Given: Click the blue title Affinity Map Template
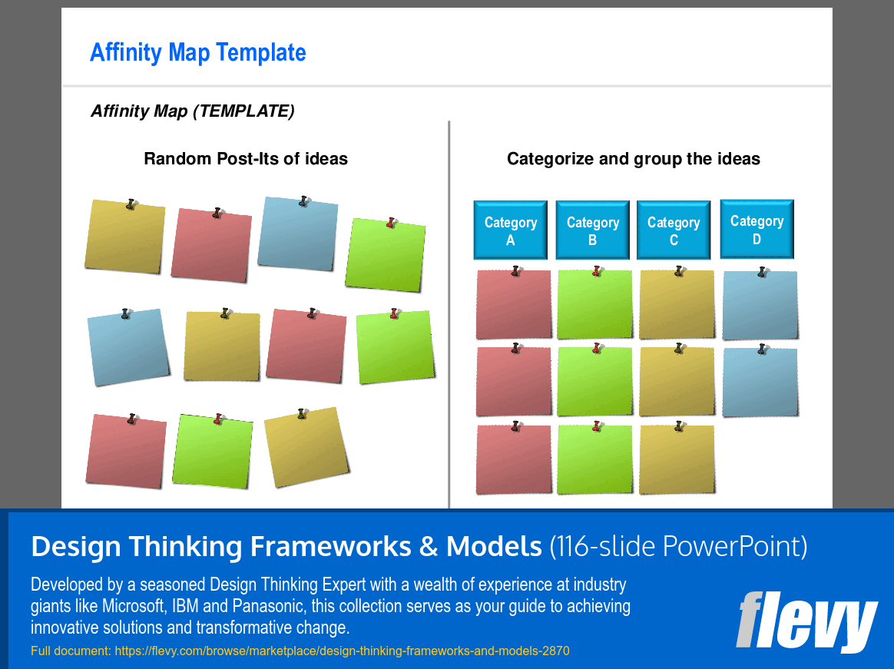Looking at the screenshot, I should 197,52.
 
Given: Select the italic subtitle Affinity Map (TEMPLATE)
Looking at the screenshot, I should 192,111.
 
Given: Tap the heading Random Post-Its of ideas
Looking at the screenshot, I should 246,159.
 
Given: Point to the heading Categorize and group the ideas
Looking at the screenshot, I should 633,159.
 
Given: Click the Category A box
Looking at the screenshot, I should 510,230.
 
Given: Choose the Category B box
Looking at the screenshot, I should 592,230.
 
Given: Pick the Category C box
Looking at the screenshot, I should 674,230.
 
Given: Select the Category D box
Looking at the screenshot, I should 757,229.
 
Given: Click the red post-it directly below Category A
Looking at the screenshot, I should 513,305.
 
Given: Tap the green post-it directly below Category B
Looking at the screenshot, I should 594,305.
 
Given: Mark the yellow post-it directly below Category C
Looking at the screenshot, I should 677,305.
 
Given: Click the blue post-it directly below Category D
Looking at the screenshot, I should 760,306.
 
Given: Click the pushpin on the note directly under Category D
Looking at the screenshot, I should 762,272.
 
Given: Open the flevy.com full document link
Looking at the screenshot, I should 342,651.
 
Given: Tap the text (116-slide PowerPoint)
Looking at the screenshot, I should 678,546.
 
